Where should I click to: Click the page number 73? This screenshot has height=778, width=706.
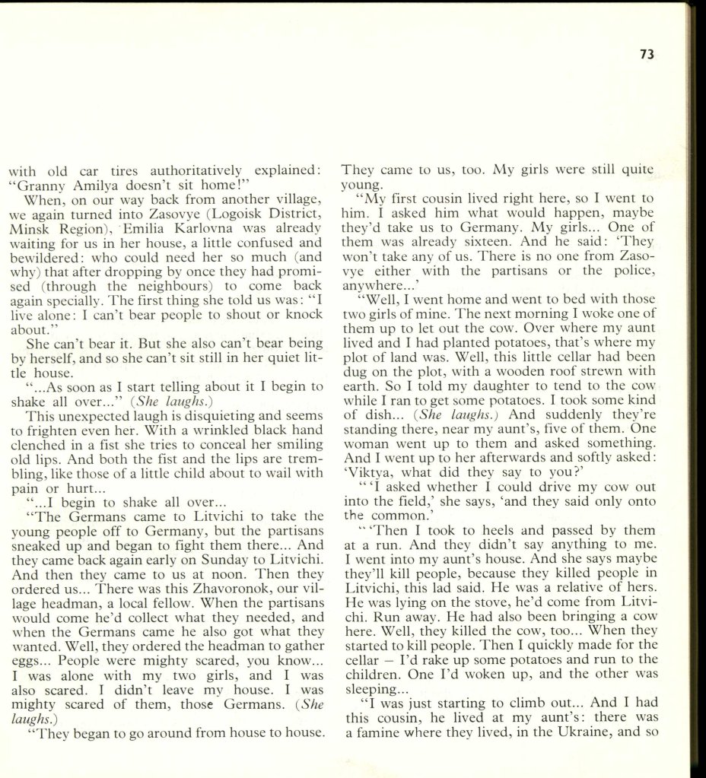(x=647, y=55)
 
